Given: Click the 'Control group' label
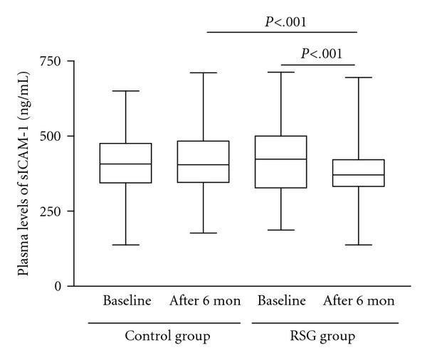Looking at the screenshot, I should [167, 334].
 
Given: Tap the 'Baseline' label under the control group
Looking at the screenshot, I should [127, 301].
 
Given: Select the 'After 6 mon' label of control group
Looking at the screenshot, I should [205, 301].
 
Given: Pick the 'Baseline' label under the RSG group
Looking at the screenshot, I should [281, 301].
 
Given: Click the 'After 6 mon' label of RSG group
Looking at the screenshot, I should [359, 301].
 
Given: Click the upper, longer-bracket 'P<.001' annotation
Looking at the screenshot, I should [282, 21].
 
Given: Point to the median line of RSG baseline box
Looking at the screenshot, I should [281, 159].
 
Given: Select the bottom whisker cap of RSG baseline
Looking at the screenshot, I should [281, 230].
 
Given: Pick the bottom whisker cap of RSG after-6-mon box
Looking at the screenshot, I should [359, 245].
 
